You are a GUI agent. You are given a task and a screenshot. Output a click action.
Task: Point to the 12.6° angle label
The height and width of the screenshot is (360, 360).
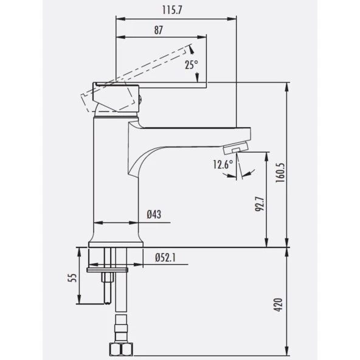[222, 165]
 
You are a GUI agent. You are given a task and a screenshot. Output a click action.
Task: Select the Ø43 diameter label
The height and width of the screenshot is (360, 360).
[154, 214]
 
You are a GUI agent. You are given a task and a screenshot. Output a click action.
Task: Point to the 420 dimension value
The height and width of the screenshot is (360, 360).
[279, 304]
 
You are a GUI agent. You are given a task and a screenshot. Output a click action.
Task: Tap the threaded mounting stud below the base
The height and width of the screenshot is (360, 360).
[108, 286]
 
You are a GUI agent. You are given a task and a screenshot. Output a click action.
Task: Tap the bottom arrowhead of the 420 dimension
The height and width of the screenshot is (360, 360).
[286, 353]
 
